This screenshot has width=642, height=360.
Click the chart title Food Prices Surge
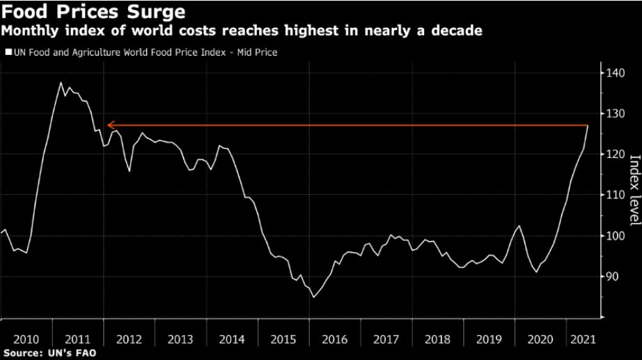pos(93,12)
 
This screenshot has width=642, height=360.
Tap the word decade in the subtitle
pos(457,31)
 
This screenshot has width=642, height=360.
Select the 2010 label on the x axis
pos(26,339)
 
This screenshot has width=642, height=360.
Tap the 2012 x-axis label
pos(129,339)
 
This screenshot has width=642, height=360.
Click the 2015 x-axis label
pos(283,339)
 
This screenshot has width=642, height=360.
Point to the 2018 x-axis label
pos(438,339)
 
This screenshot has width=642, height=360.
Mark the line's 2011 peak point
pos(61,83)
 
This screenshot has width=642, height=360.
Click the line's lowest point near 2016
pos(313,297)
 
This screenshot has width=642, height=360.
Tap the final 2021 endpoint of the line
pos(588,125)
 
